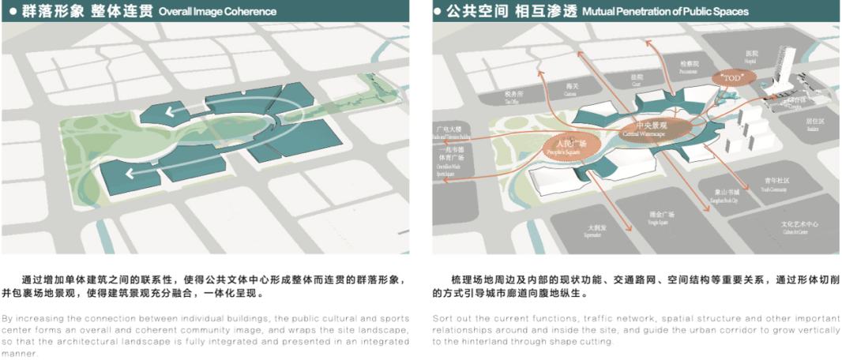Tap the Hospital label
point(750,57)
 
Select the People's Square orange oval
point(566,145)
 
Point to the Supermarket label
point(597,230)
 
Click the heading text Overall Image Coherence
point(217,12)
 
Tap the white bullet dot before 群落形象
point(14,11)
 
